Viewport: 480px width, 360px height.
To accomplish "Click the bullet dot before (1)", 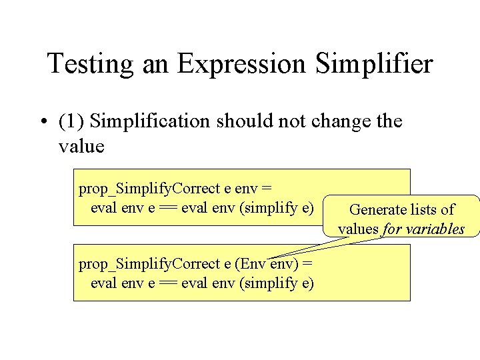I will point(42,122).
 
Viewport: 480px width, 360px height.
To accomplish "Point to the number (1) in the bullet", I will point(71,122).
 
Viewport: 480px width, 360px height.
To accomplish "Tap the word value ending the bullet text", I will point(81,146).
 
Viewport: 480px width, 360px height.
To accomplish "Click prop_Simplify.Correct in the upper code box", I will point(147,189).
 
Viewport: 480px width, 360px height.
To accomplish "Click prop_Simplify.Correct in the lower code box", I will point(147,264).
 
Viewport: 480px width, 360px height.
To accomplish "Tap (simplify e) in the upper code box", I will point(277,207).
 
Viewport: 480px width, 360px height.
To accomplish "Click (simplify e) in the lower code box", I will point(277,283).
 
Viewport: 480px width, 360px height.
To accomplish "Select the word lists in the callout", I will point(421,210).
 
